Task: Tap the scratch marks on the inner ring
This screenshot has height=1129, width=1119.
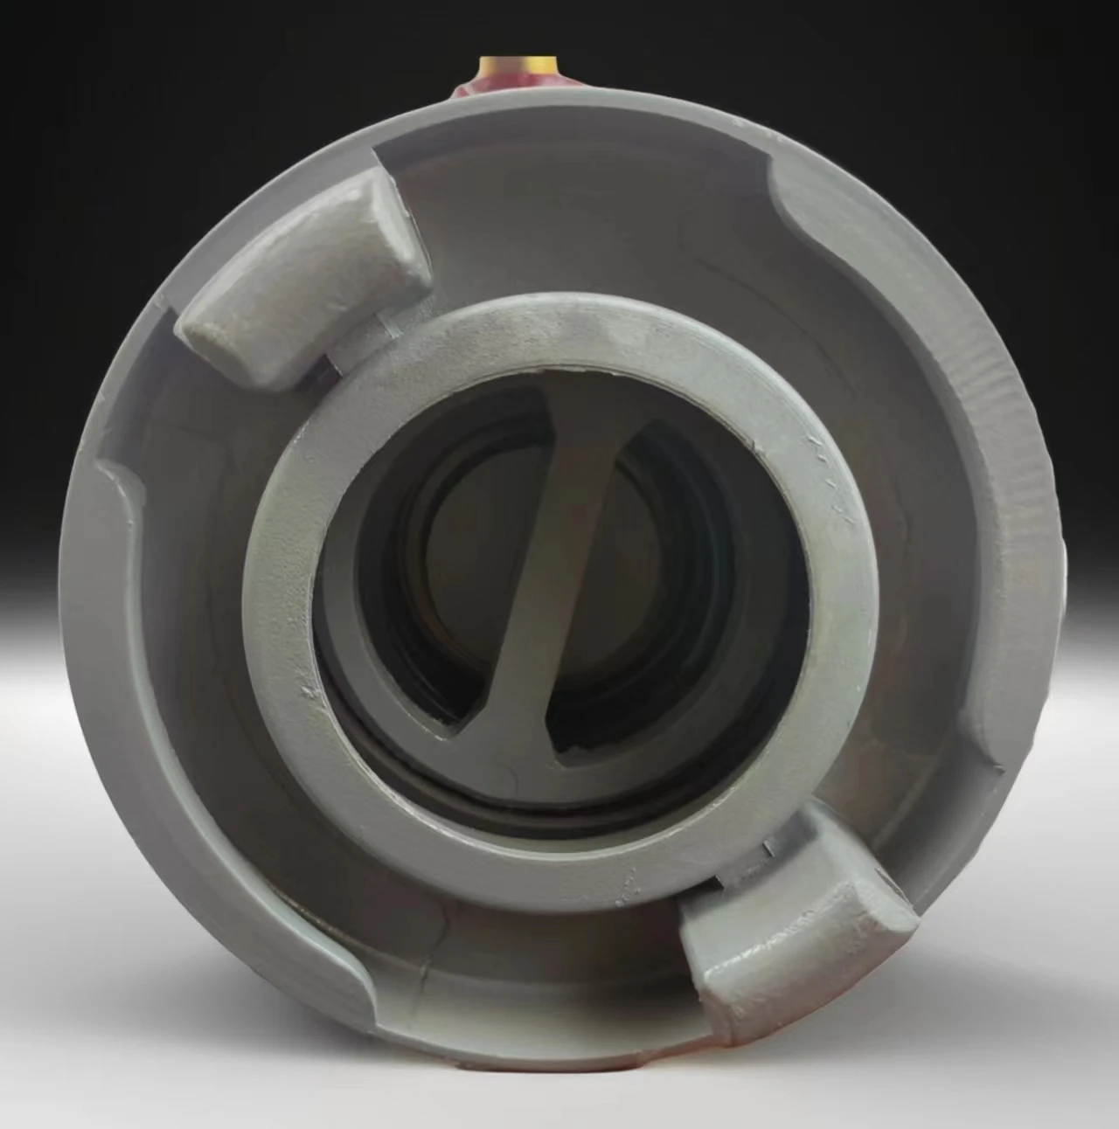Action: pos(826,481)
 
